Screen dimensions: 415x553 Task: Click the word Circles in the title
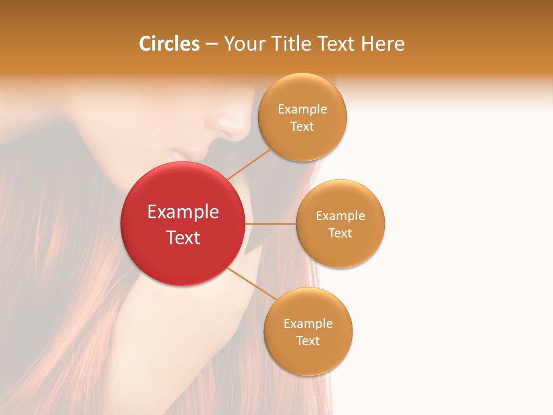click(x=169, y=44)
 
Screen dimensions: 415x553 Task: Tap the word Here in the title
click(x=382, y=44)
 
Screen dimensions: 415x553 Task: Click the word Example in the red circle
click(x=183, y=212)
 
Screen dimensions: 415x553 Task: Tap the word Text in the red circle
click(x=183, y=237)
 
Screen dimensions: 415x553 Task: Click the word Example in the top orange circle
click(x=302, y=110)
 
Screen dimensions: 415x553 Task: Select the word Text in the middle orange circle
click(x=340, y=233)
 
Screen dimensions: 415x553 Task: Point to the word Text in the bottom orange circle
click(x=308, y=341)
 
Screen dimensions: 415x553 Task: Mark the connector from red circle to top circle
click(x=249, y=164)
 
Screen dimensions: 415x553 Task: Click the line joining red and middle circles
click(x=270, y=224)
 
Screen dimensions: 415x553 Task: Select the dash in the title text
click(x=211, y=44)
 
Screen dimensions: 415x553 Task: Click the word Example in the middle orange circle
click(x=340, y=216)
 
